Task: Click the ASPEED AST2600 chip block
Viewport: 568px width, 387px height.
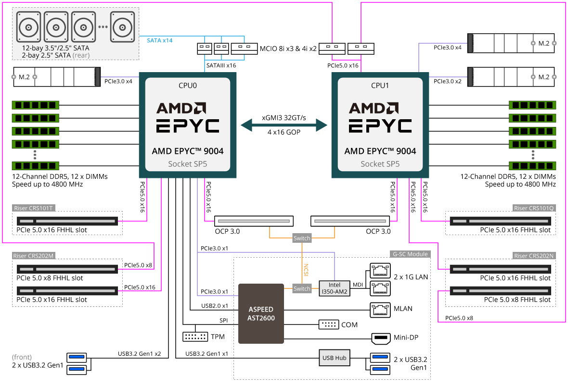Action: tap(261, 313)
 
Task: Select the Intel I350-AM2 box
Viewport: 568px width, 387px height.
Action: tap(334, 288)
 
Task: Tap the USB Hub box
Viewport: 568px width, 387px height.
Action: tap(334, 358)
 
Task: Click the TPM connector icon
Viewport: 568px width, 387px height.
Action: tap(195, 337)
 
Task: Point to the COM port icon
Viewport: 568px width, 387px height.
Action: tap(329, 325)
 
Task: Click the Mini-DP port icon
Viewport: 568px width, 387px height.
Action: tap(381, 338)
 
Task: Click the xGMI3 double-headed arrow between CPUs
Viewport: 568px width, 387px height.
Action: tap(284, 125)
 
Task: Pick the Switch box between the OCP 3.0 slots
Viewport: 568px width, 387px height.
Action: tap(302, 238)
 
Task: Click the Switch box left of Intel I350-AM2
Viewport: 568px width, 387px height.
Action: tap(302, 288)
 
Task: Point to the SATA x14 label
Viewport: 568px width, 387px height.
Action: tap(159, 40)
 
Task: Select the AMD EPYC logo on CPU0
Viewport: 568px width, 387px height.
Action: tap(188, 117)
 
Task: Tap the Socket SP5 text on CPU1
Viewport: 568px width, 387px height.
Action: tap(380, 164)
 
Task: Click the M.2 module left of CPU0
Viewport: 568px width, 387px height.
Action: tap(56, 77)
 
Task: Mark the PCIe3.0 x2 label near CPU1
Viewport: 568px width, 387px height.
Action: tap(447, 81)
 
